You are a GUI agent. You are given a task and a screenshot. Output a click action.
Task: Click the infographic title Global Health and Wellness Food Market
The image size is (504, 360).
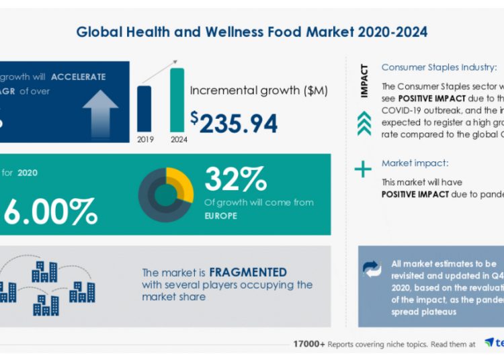[251, 32]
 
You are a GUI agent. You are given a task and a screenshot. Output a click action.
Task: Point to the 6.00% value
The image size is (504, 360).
[50, 211]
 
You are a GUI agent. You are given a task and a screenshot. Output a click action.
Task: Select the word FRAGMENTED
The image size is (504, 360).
[248, 272]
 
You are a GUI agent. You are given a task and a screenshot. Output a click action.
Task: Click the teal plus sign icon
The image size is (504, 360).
[363, 169]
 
